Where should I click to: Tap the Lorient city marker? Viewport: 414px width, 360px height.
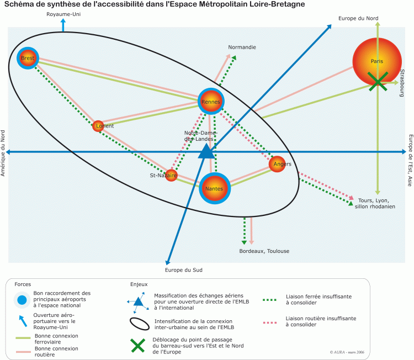pos(98,126)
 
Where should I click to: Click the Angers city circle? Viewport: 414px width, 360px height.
pos(279,163)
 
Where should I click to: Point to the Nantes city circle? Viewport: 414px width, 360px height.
pos(214,188)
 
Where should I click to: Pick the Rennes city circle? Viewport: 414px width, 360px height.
pos(211,102)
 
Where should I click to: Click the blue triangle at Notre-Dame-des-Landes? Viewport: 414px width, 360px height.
pos(206,151)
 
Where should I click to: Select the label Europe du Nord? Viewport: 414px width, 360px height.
pos(358,18)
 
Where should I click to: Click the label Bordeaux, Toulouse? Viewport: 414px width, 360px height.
pos(264,251)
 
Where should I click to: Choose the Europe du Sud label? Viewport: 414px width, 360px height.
pos(183,270)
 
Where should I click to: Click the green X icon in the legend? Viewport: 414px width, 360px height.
pos(137,346)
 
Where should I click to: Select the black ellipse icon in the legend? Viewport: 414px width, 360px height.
pos(139,324)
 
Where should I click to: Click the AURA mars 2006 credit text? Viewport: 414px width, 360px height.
pos(346,352)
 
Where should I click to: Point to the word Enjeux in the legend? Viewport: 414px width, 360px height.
pos(139,284)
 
